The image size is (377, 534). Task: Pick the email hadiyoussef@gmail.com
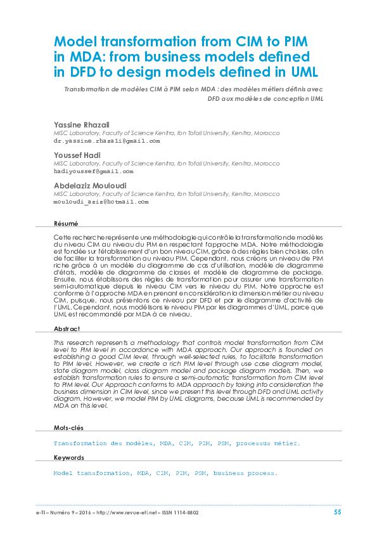[x=93, y=171]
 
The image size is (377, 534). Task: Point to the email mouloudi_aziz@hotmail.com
[x=101, y=202]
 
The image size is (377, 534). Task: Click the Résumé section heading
[x=66, y=223]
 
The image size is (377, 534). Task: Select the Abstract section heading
[x=67, y=329]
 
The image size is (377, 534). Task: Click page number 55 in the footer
[x=338, y=512]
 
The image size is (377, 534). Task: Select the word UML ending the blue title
[x=302, y=70]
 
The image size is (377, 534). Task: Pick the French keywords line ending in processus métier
[x=177, y=444]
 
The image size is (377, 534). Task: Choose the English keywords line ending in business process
[x=165, y=473]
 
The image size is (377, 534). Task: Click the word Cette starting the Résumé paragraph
[x=63, y=236]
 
